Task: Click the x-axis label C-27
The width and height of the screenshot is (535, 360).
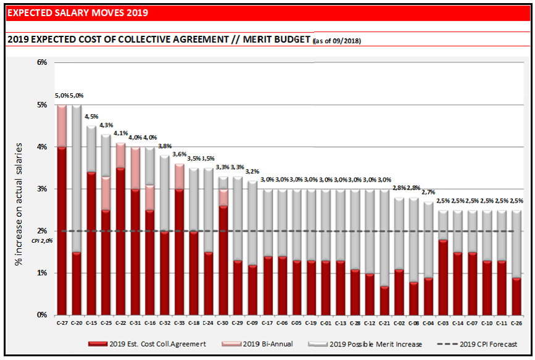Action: tap(61, 322)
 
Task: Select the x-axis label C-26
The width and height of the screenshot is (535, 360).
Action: tap(516, 322)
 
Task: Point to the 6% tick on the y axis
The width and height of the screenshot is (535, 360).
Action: tap(42, 62)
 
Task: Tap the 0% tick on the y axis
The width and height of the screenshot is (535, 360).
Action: tap(42, 315)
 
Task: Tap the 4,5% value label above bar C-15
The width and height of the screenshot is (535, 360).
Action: tap(91, 117)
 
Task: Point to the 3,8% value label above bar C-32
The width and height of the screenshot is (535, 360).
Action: tap(164, 146)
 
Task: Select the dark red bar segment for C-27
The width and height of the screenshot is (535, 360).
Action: tap(61, 232)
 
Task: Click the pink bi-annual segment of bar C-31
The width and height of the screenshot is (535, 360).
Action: tap(135, 168)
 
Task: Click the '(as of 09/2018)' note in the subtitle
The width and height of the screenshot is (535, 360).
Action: tap(338, 41)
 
